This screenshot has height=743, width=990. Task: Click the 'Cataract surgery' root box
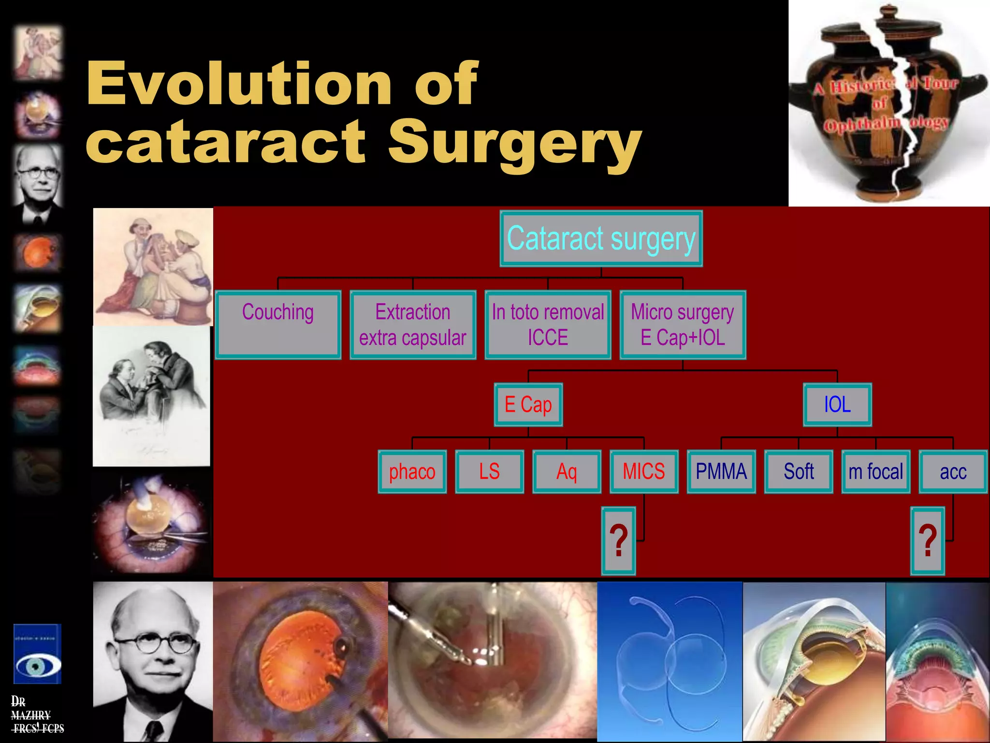click(601, 238)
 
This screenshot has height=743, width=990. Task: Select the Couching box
click(278, 325)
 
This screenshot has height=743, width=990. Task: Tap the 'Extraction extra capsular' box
click(413, 325)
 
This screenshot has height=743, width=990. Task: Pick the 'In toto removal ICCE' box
click(548, 325)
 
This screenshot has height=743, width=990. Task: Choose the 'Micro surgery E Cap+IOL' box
click(683, 325)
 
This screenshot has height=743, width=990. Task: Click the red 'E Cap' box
click(528, 405)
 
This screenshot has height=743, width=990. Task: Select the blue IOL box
click(837, 405)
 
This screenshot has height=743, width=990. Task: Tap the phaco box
click(412, 472)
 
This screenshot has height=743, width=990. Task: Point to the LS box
click(490, 472)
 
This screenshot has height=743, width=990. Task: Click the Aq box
click(567, 472)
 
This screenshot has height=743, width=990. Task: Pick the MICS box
click(644, 472)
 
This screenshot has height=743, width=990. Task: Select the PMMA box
click(721, 472)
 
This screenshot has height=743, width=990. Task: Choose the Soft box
click(799, 472)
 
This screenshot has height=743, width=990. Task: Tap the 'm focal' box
click(876, 472)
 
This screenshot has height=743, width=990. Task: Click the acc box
click(953, 472)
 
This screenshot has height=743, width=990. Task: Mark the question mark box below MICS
click(618, 541)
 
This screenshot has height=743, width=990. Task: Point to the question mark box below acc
click(927, 541)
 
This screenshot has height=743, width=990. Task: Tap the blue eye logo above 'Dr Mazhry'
click(37, 654)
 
